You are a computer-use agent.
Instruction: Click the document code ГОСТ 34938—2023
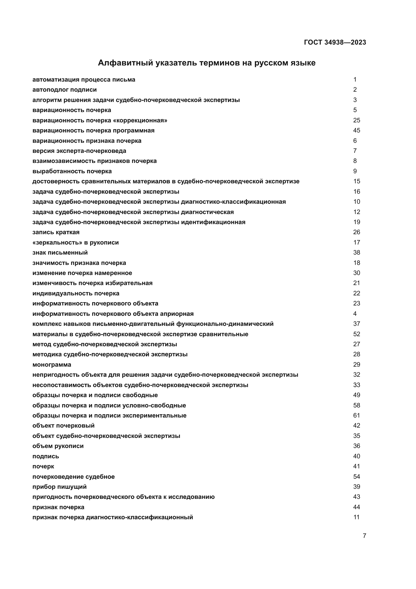pos(335,42)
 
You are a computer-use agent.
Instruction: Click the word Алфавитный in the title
pos(125,63)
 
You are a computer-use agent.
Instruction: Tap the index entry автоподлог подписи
pos(65,90)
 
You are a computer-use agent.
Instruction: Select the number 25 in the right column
pos(356,120)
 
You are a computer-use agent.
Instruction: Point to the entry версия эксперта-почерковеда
pos(79,151)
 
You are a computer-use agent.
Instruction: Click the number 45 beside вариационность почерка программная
pos(356,131)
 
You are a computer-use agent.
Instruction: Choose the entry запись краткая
pos(56,232)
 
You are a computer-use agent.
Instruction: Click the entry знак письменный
pos(60,253)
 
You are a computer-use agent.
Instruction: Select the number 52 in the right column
pos(356,334)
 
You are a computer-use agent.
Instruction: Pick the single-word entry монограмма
pos(52,365)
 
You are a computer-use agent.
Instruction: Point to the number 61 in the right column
pos(356,415)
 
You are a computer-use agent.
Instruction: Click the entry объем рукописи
pos(58,446)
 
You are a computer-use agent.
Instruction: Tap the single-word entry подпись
pos(46,456)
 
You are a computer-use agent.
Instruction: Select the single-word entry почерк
pos(43,466)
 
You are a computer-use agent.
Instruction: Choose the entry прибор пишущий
pos(59,487)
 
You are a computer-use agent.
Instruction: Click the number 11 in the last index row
pos(356,517)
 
